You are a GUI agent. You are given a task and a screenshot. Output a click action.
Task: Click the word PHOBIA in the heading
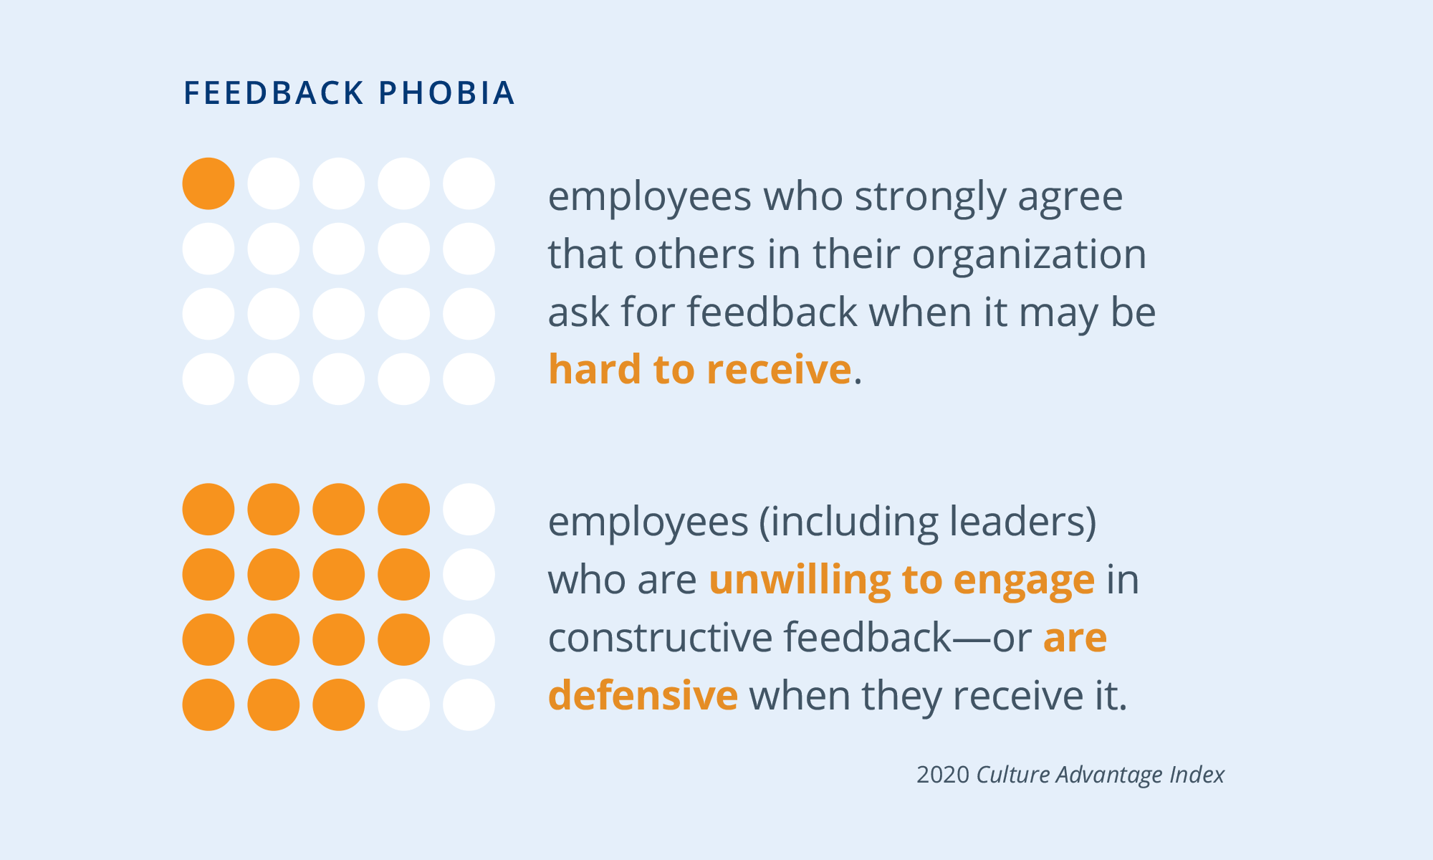click(446, 93)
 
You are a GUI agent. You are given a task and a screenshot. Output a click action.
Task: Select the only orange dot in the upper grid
click(209, 183)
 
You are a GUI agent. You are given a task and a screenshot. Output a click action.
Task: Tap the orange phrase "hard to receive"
click(699, 370)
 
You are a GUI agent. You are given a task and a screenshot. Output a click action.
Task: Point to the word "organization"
click(1029, 254)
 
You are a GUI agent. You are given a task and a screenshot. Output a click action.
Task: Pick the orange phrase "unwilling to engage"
click(901, 579)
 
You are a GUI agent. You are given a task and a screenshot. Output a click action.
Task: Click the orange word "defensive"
click(643, 695)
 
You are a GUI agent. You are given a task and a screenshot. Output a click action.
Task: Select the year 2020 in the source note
click(943, 775)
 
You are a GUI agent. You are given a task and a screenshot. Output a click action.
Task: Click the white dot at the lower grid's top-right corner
click(469, 510)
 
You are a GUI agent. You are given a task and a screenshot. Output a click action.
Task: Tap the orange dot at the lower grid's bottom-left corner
click(209, 704)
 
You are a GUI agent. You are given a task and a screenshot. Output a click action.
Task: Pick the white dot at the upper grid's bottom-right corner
click(469, 379)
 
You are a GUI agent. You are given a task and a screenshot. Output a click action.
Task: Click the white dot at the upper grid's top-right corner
click(469, 183)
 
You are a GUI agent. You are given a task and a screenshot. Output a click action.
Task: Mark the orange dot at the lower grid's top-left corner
click(209, 510)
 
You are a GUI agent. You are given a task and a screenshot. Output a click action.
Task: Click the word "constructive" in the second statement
click(659, 637)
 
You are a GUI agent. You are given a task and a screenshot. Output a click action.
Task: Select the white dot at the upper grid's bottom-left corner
click(209, 379)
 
